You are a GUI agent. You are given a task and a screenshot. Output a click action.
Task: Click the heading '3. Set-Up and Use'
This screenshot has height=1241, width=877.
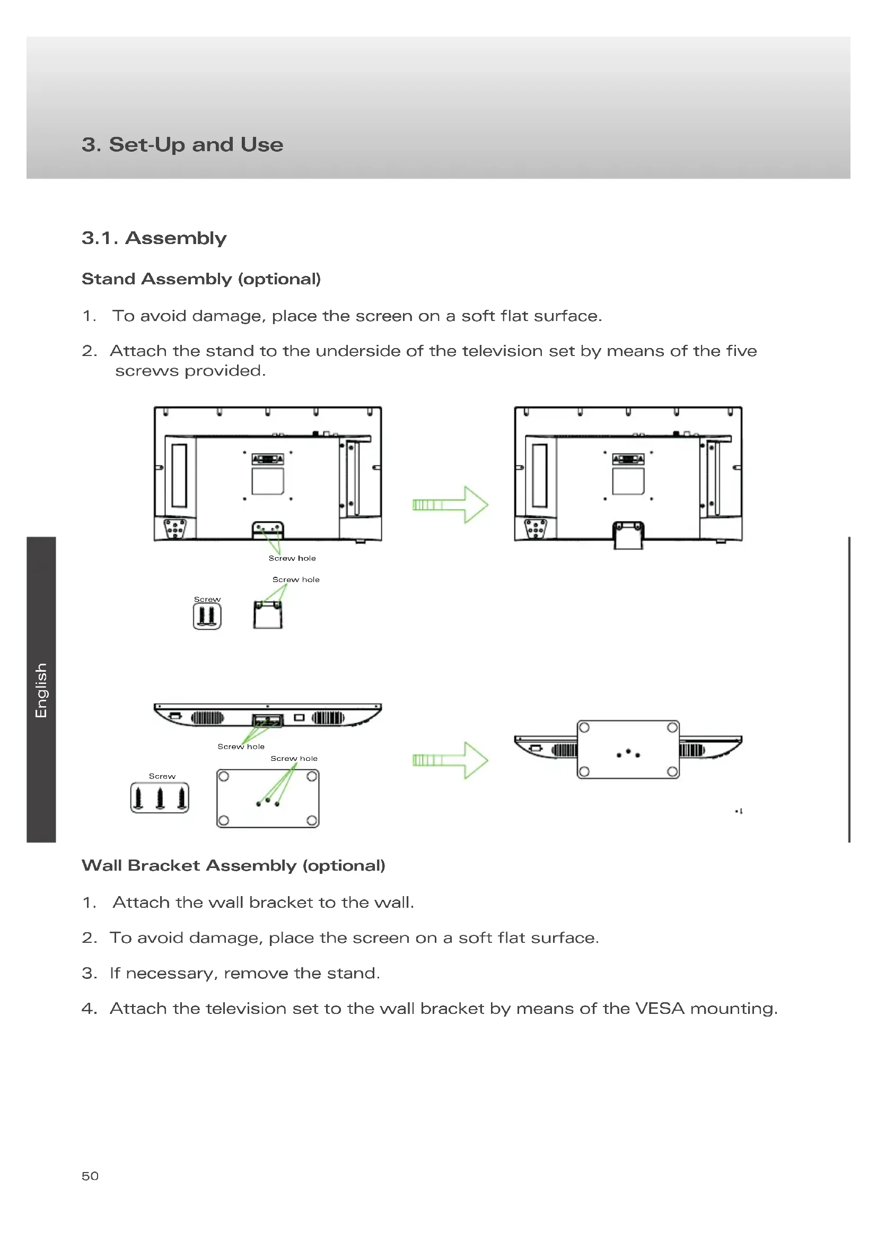(182, 145)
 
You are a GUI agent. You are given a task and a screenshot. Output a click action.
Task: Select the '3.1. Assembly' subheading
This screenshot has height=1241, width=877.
(154, 238)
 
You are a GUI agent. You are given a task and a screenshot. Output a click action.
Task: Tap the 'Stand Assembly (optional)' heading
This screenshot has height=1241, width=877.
(201, 279)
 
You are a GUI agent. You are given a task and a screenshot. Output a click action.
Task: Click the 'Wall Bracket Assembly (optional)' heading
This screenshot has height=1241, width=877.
(233, 865)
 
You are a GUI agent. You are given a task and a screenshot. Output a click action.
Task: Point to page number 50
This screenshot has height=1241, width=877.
(90, 1176)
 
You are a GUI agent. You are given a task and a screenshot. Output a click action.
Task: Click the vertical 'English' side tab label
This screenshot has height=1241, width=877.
(41, 690)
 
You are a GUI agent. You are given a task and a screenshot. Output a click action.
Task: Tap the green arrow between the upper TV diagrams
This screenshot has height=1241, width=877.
(450, 504)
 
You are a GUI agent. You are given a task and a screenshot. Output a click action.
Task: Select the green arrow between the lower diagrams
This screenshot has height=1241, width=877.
(450, 760)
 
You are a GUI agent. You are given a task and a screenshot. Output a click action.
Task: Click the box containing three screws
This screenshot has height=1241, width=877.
(160, 798)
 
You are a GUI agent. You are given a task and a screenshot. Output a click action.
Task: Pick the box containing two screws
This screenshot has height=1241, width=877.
(207, 616)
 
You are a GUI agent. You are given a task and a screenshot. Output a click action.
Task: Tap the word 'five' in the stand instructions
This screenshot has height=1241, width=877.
(741, 351)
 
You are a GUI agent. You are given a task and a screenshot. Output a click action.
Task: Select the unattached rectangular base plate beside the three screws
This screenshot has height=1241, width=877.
(268, 798)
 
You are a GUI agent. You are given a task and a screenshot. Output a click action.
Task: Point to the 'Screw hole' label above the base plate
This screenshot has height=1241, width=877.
(294, 758)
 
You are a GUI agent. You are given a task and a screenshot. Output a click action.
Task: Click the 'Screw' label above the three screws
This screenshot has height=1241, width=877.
(162, 776)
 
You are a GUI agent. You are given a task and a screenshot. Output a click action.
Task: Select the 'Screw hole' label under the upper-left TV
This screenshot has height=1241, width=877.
(292, 558)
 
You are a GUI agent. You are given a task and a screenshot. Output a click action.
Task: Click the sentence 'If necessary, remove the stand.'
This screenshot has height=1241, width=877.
(245, 973)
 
